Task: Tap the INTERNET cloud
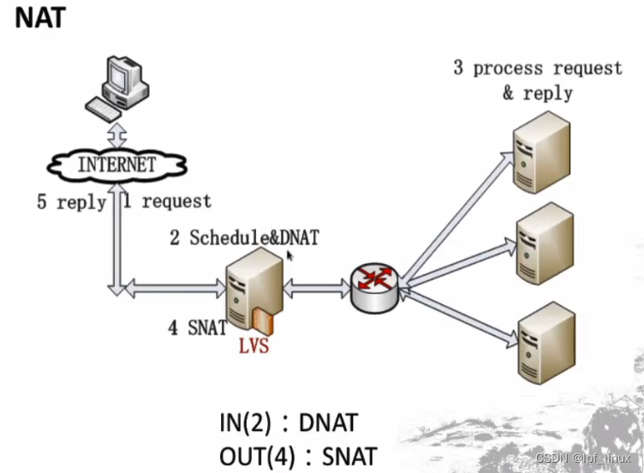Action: point(117,164)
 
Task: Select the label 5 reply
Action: point(71,202)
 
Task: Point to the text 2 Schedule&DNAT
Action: point(243,237)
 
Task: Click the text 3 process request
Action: point(538,68)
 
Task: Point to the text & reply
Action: point(537,93)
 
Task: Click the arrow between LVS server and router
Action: point(316,290)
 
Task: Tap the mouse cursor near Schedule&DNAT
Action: point(290,254)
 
